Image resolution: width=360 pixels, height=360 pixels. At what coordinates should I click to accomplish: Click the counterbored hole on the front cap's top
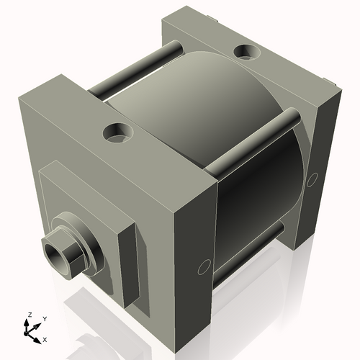click(x=116, y=132)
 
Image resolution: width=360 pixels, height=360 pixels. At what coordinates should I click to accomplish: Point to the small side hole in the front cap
click(x=202, y=267)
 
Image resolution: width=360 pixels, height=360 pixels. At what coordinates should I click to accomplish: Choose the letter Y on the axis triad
click(x=44, y=318)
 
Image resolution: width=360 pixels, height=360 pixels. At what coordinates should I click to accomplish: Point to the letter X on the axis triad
click(x=45, y=338)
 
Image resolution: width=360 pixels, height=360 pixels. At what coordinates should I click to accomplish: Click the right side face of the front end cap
click(x=194, y=238)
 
